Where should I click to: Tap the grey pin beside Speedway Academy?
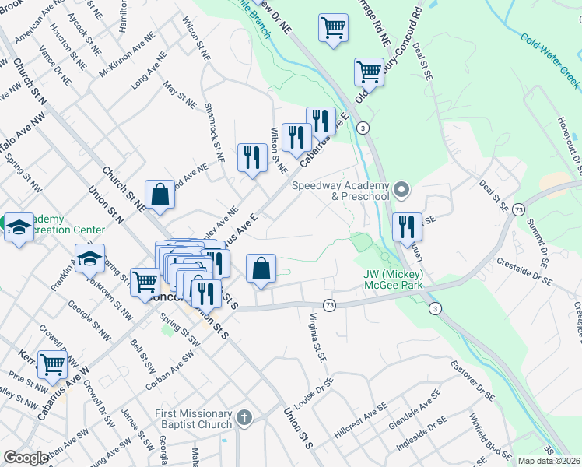tap(401, 189)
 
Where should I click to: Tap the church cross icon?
tap(244, 419)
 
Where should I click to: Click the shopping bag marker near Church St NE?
tap(160, 195)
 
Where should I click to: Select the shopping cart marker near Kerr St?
tap(52, 362)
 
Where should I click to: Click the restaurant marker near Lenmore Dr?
tap(407, 226)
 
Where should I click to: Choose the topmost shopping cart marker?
tap(333, 28)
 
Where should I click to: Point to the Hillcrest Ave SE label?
tap(360, 420)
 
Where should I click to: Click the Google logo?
tap(26, 458)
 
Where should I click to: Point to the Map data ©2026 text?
tap(549, 461)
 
